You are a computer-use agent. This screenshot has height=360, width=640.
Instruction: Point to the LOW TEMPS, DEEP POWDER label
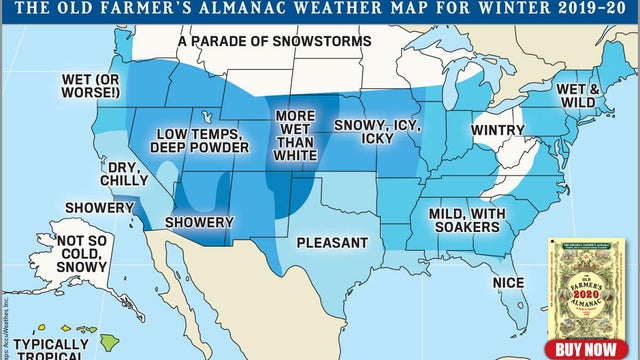[x=199, y=140]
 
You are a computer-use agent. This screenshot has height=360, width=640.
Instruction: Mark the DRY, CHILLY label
[x=127, y=174]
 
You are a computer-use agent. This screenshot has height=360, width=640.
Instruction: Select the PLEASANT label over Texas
[x=332, y=242]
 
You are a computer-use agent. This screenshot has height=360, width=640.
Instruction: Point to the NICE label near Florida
[x=509, y=283]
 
